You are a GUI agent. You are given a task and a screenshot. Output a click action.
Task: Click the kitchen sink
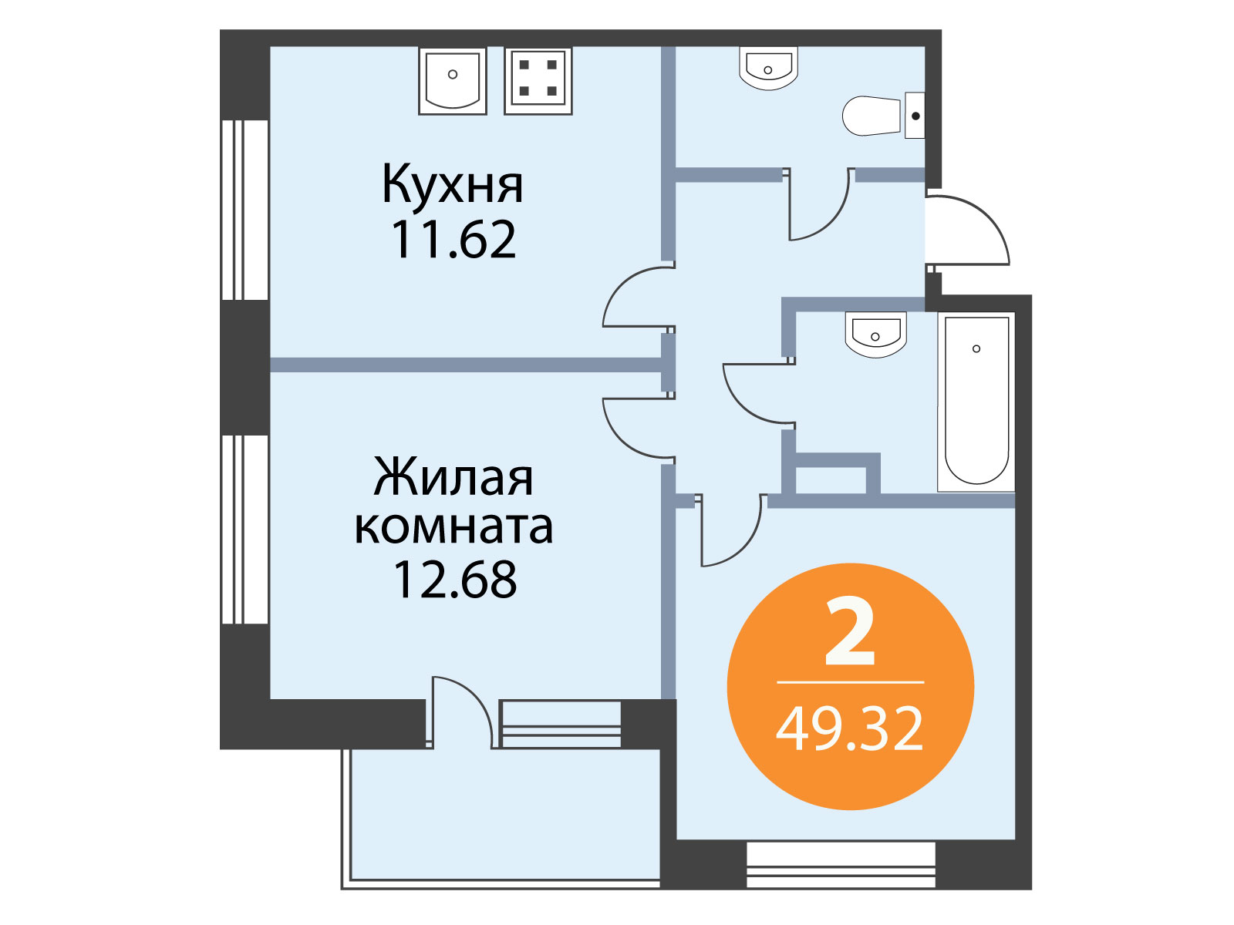[452, 81]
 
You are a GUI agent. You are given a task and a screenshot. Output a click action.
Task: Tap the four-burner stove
[538, 81]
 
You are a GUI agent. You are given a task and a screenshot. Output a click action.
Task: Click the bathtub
[976, 402]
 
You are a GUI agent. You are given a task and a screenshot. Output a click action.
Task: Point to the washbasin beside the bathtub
[875, 335]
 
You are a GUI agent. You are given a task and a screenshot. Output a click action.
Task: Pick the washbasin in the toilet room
[768, 69]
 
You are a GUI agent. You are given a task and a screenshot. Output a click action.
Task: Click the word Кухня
[453, 184]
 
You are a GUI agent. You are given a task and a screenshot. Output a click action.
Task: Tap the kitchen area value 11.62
[453, 240]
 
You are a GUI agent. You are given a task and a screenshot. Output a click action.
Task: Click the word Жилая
[453, 477]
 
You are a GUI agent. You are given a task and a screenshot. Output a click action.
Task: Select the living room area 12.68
[454, 580]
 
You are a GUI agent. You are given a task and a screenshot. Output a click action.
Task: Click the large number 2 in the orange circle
[849, 631]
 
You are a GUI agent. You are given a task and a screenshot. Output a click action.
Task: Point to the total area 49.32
[849, 729]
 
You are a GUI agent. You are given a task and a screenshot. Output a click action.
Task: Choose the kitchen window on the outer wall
[244, 210]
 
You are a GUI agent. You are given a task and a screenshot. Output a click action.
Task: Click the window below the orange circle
[841, 864]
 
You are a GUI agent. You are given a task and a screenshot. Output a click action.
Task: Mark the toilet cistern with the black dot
[915, 116]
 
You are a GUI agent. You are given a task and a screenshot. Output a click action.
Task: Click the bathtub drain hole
[976, 348]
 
